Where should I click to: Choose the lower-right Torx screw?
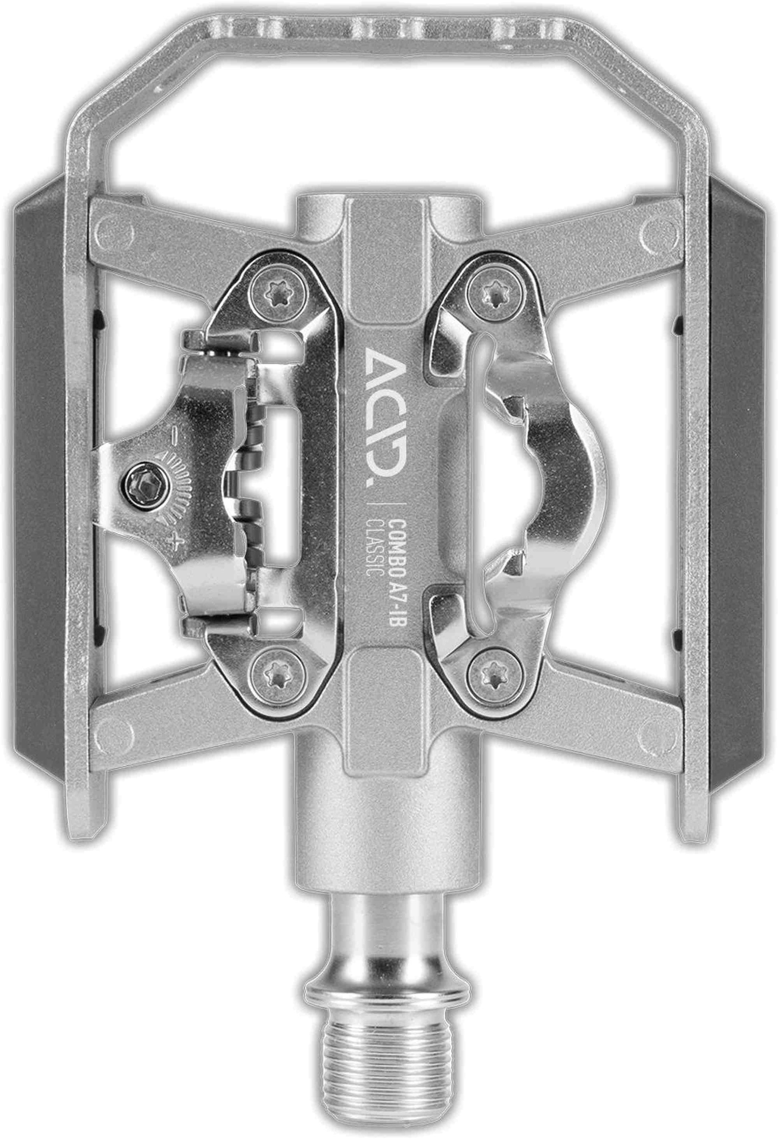point(492,677)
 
